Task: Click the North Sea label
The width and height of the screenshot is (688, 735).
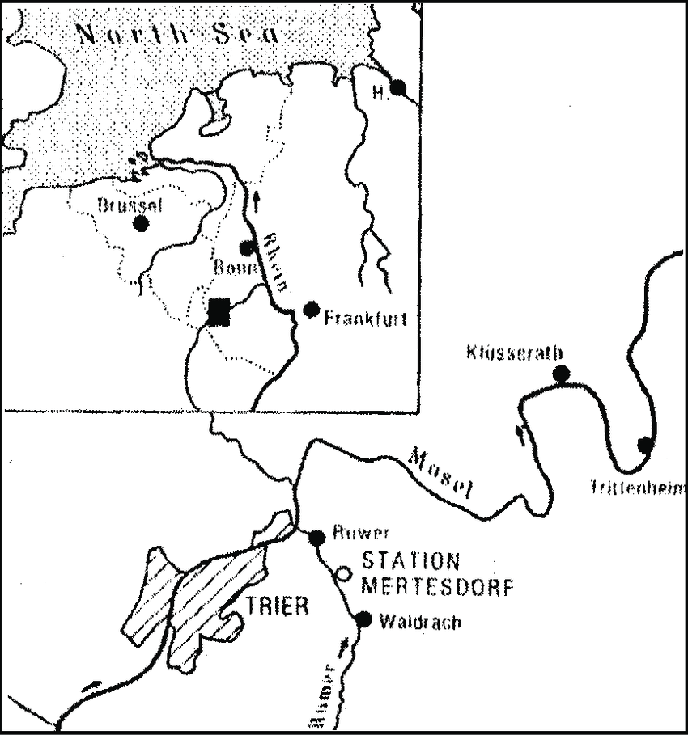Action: (x=176, y=33)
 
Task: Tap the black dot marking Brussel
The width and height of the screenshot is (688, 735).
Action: (x=142, y=224)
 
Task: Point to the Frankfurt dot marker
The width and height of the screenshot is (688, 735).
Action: (x=310, y=309)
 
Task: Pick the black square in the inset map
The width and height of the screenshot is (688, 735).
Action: (x=218, y=312)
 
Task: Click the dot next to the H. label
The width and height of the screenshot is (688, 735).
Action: (x=397, y=87)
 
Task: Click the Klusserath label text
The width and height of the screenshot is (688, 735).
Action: (x=515, y=353)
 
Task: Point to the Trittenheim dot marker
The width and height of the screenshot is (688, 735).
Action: (x=645, y=444)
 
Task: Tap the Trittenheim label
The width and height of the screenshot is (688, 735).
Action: (x=638, y=487)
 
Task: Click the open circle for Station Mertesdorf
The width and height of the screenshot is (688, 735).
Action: (x=343, y=573)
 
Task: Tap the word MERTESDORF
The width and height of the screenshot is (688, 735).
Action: (x=437, y=587)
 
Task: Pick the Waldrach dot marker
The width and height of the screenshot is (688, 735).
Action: (x=363, y=619)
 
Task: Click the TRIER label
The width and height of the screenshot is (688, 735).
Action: (x=278, y=606)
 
